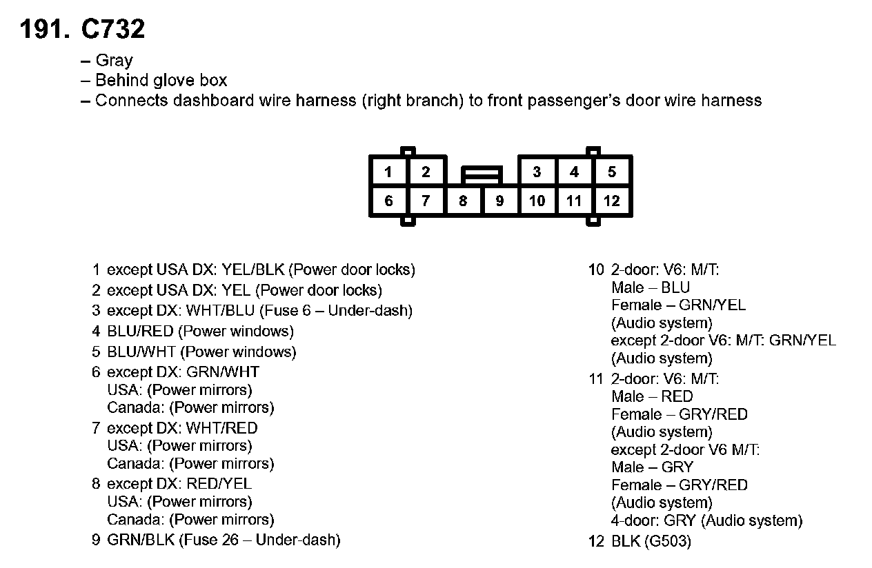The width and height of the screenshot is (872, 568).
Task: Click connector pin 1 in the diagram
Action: [x=389, y=172]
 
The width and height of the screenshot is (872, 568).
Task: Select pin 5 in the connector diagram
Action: [x=612, y=172]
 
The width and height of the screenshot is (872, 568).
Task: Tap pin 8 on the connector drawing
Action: [x=463, y=201]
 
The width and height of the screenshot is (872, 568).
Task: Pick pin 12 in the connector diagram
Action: [x=612, y=201]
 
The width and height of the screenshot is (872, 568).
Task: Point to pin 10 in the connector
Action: [x=537, y=201]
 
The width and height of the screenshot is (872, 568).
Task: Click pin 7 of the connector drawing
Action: [x=426, y=201]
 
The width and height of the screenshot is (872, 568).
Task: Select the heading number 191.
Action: [x=44, y=30]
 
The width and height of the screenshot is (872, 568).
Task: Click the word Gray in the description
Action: [x=114, y=61]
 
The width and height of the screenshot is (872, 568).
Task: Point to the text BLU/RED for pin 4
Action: [x=140, y=332]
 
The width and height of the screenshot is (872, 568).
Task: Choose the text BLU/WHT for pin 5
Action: [x=141, y=352]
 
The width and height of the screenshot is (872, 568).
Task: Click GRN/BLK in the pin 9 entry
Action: [x=141, y=540]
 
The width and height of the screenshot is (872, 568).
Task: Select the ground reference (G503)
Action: [x=667, y=541]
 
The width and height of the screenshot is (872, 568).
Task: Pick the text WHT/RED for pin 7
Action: [x=221, y=428]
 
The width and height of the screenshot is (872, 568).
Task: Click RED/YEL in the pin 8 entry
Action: [x=219, y=484]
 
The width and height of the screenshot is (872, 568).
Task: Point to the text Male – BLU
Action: [x=651, y=287]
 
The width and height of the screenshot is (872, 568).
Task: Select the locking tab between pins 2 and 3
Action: [x=482, y=174]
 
